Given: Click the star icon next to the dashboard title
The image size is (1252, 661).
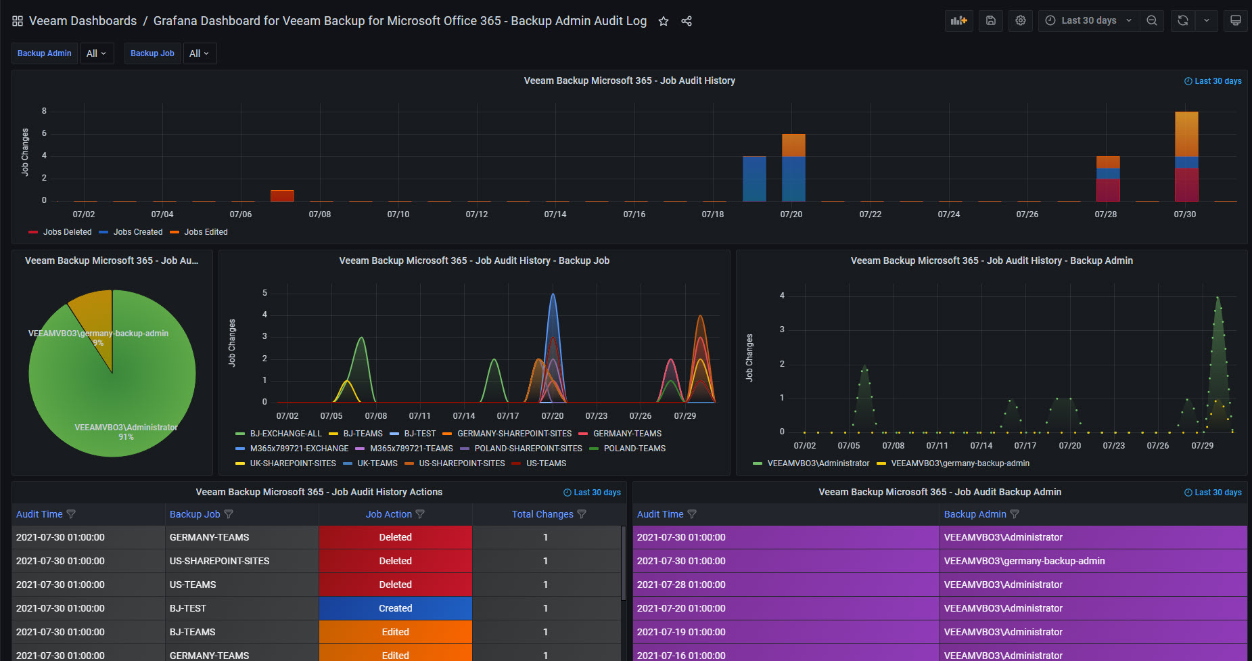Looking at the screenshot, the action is tap(664, 21).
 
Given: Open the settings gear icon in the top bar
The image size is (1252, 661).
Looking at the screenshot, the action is tap(1021, 20).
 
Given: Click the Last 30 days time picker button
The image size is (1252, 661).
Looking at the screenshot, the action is tap(1088, 20).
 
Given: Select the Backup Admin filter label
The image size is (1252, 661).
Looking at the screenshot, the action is tap(45, 53).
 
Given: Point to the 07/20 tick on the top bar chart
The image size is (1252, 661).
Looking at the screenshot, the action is tap(791, 214).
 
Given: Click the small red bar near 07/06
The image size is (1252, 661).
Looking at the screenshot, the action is tap(282, 196).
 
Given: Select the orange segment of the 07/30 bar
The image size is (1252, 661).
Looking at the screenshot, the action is tap(1186, 134).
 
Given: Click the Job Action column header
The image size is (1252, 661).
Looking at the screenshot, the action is tap(389, 514).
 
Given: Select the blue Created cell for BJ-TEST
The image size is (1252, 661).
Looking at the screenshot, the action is tap(396, 608).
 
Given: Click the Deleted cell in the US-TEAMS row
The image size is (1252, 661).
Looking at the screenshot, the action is tap(396, 585).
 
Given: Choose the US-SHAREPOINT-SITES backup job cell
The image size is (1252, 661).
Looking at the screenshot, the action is tap(219, 561).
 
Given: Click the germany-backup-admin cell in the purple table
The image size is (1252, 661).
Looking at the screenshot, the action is tap(1025, 561).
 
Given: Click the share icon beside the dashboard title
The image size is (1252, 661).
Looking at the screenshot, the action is tap(687, 21).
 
